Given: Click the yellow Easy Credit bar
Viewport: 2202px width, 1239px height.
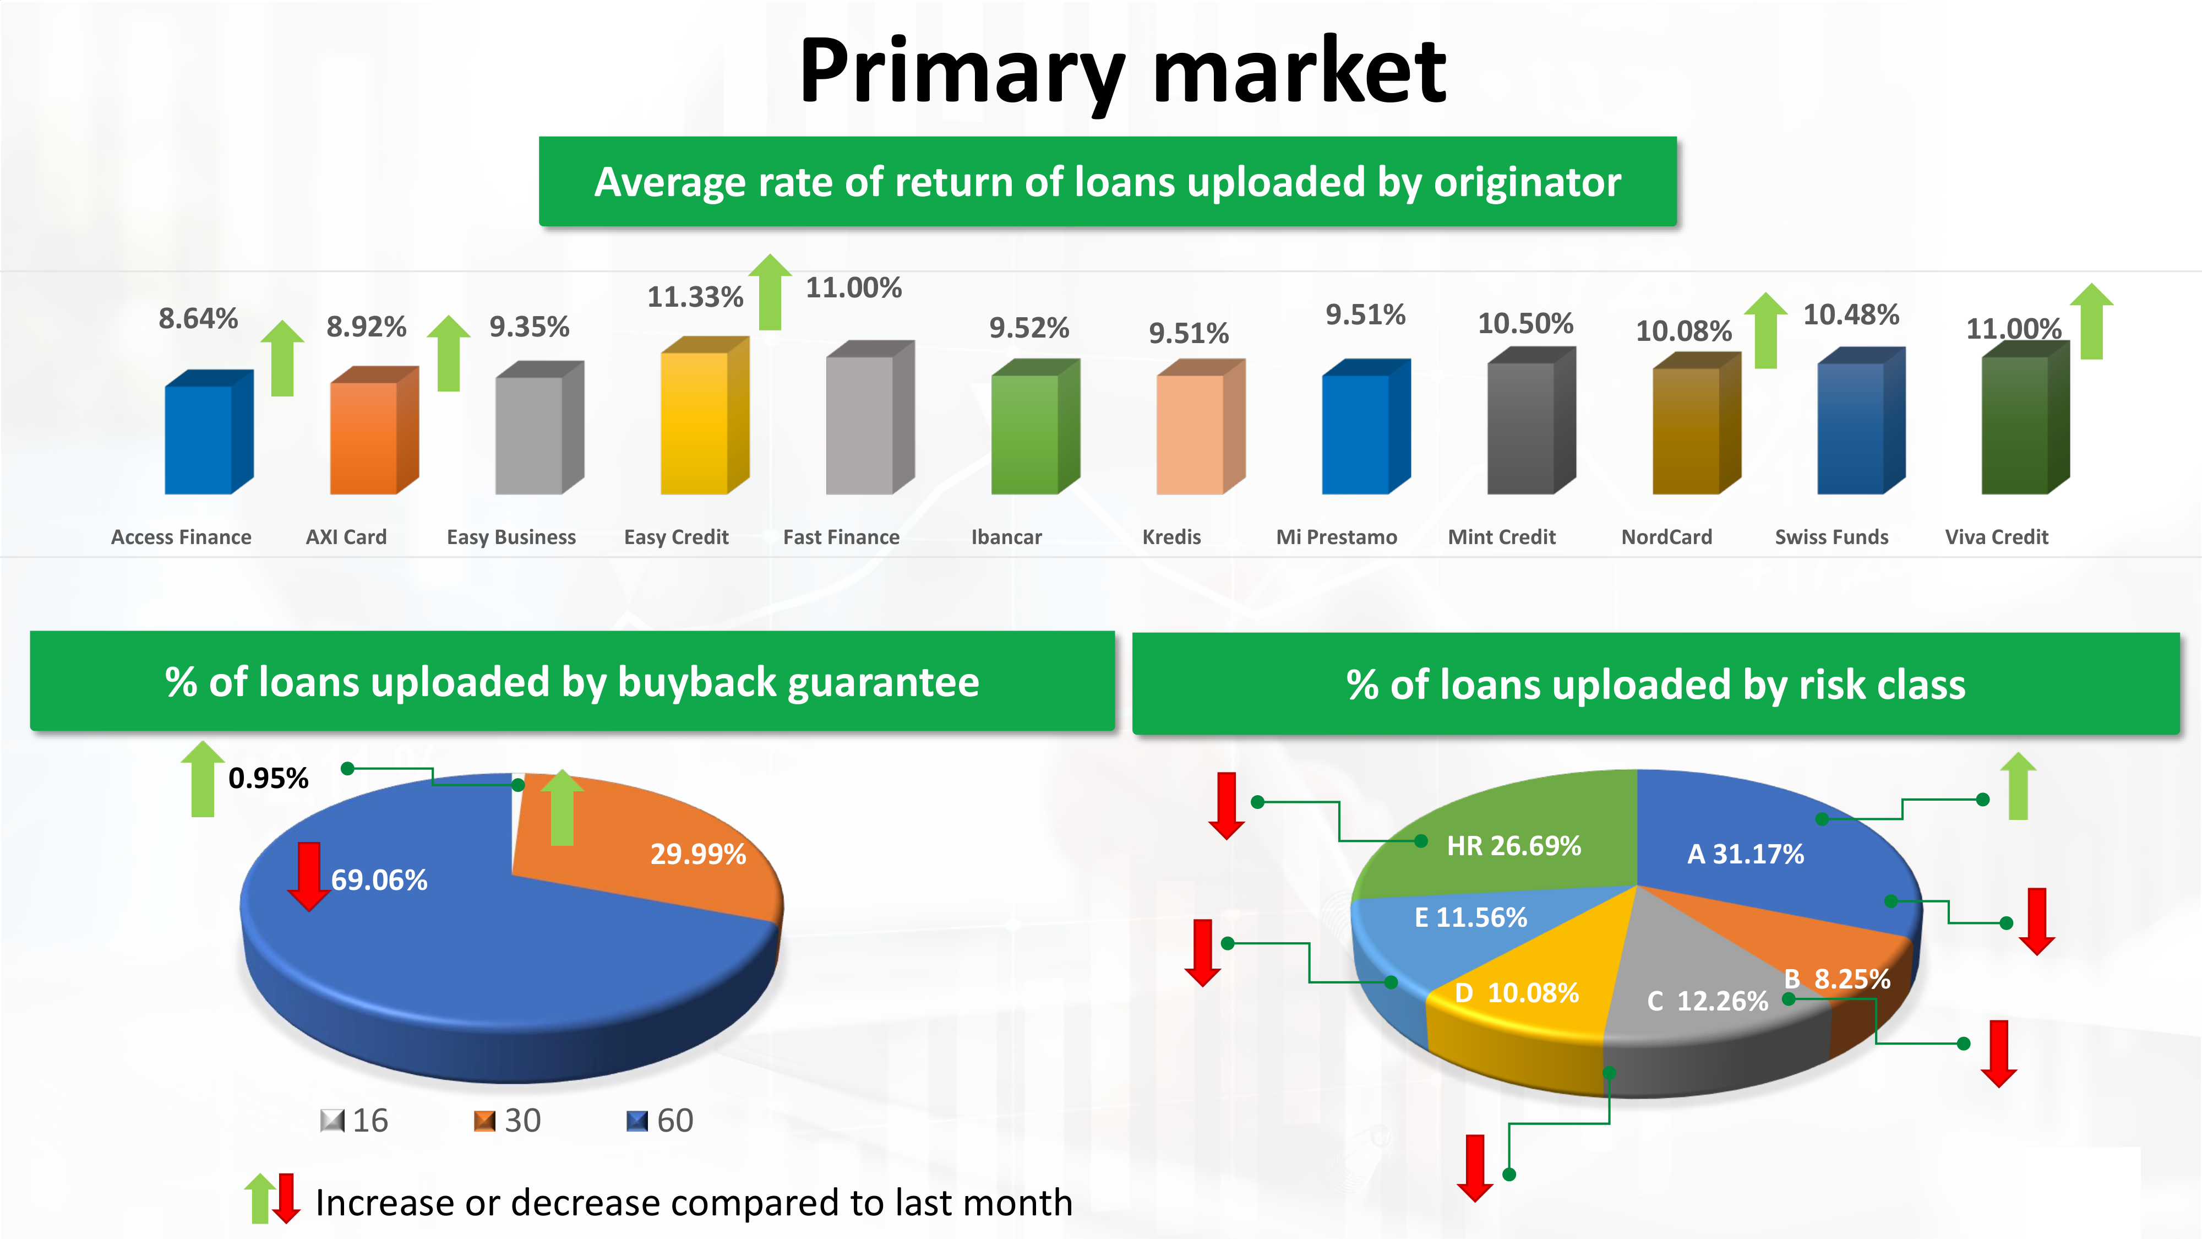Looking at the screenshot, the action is (705, 416).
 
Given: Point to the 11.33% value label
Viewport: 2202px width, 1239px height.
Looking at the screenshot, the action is (695, 297).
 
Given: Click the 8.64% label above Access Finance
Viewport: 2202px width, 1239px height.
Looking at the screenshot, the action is (198, 318).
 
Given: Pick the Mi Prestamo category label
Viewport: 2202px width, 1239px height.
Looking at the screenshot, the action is (1336, 537).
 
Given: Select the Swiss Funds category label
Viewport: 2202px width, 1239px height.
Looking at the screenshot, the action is (1831, 537).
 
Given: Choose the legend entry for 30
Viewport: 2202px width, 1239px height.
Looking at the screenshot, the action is (508, 1120).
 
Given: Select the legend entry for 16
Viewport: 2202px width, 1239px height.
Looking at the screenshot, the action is (355, 1120).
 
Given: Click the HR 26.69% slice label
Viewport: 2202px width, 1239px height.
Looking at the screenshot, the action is (1513, 846).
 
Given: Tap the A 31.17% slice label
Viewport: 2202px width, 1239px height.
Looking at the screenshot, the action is (1746, 854).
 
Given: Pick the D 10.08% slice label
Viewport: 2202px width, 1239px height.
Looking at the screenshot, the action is (1517, 993).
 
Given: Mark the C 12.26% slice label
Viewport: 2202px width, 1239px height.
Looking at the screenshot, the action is (1707, 1001).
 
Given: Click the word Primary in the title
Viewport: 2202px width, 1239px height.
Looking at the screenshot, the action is (962, 73).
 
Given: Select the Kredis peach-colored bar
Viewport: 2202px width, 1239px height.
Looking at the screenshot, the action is (1200, 427).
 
